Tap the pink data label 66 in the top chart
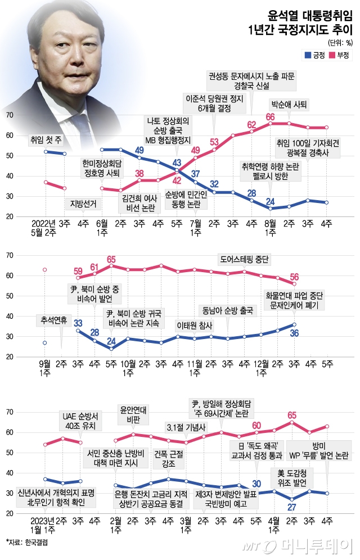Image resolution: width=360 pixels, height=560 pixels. pos(270,117)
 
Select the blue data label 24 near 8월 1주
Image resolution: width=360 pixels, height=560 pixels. pos(270,202)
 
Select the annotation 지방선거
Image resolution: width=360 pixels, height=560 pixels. pos(83,204)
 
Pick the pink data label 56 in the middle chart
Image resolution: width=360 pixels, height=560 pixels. pos(294,276)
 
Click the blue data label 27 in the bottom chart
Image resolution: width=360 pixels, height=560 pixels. pos(291,506)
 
